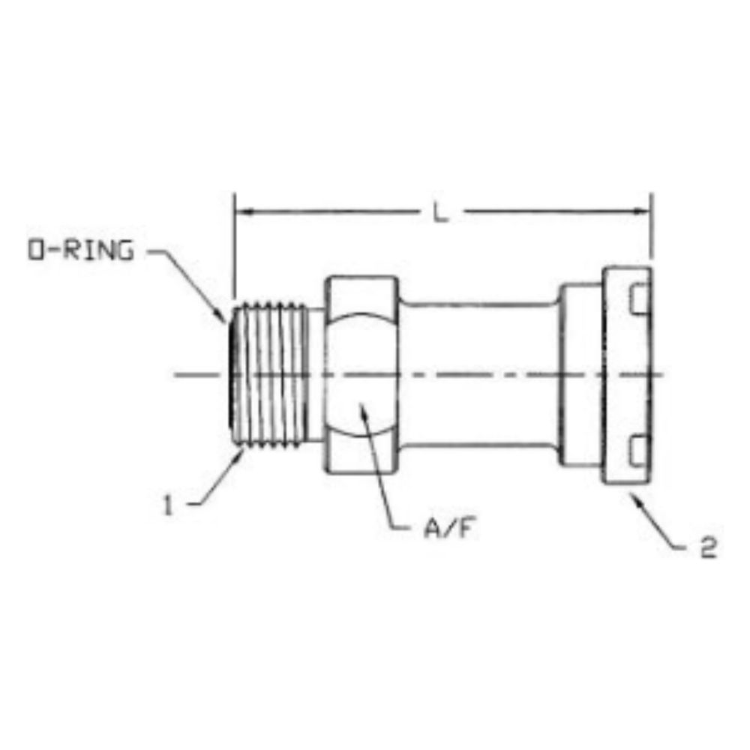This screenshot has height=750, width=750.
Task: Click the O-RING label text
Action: click(x=81, y=250)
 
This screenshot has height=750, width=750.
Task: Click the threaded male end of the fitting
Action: click(x=270, y=375)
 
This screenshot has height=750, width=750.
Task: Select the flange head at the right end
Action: click(x=627, y=375)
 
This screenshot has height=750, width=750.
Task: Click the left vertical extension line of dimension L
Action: click(x=234, y=247)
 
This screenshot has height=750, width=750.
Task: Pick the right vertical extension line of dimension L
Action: click(x=652, y=225)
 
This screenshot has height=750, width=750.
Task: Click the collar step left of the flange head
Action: click(x=582, y=375)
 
